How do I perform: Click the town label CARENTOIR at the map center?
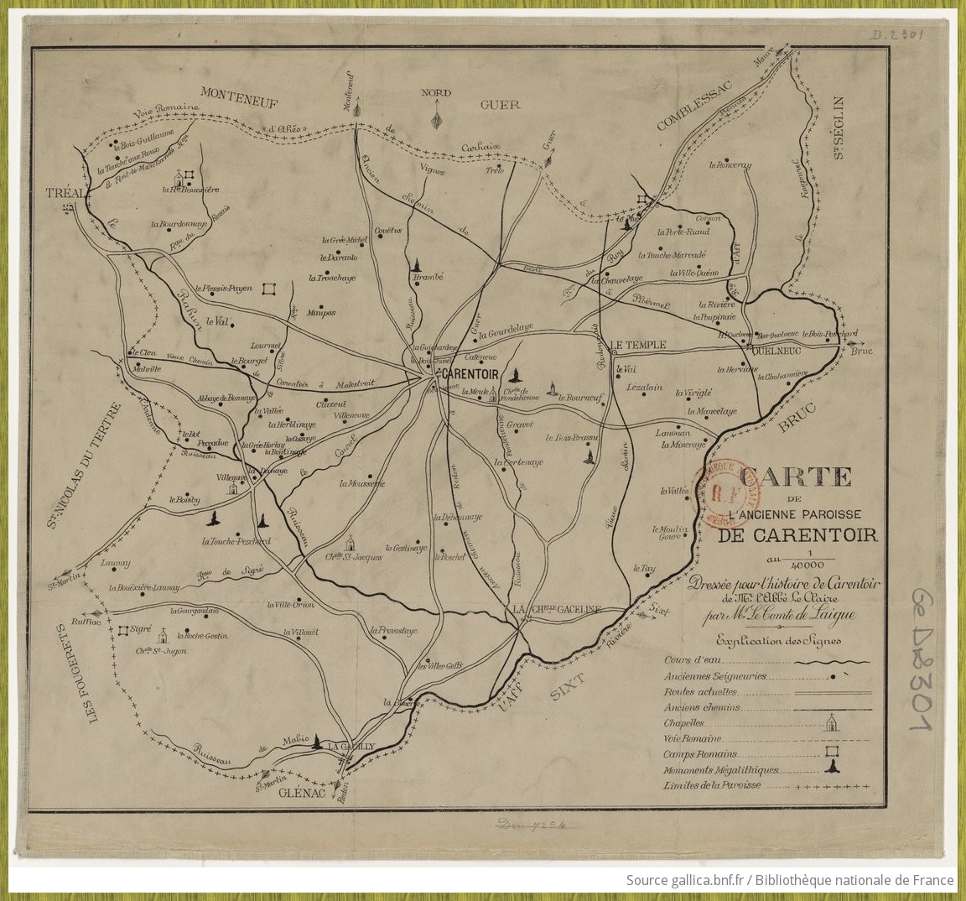(469, 373)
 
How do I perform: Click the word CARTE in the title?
(796, 477)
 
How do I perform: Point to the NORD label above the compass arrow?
(436, 93)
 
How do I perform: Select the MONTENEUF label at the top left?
(239, 95)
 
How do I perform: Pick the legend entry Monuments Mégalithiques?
(720, 769)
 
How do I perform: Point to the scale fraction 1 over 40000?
(809, 559)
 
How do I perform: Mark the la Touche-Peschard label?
(236, 541)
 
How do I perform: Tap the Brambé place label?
(427, 276)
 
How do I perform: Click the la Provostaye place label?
(393, 629)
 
